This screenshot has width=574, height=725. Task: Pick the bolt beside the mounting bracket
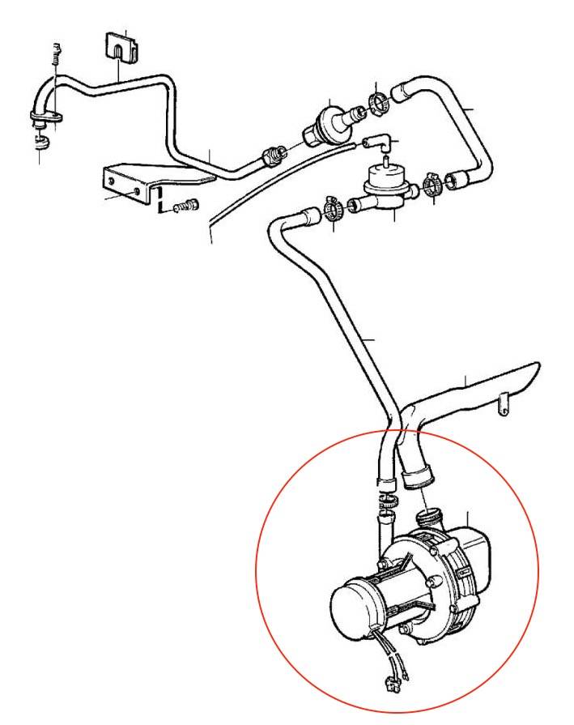[x=187, y=206]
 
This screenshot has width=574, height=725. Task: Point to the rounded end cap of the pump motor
[x=353, y=605]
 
